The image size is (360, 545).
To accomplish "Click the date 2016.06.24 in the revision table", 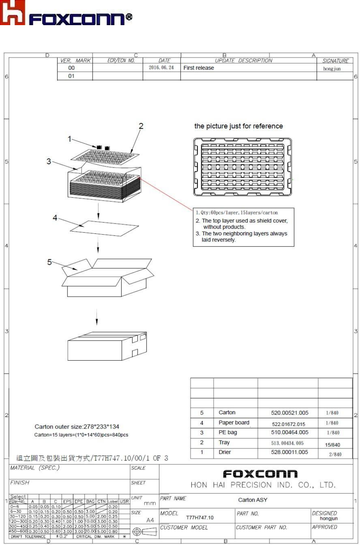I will [x=161, y=68].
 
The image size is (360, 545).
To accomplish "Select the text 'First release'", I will [x=198, y=68].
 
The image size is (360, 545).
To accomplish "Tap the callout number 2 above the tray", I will [x=141, y=126].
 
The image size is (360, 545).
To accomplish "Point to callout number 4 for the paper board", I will [x=55, y=218].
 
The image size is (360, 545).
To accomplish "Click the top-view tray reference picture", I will [x=243, y=167].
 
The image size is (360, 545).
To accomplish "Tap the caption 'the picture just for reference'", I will [x=238, y=126].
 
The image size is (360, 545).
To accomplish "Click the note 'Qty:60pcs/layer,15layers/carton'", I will [x=237, y=213].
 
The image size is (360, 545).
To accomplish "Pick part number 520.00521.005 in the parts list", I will [x=290, y=413].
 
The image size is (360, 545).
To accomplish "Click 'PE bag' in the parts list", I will [x=228, y=432].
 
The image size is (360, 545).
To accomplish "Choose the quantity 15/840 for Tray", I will [x=333, y=444].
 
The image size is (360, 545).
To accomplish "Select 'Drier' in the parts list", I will [x=225, y=452].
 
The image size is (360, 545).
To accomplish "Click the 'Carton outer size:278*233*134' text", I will [x=77, y=427].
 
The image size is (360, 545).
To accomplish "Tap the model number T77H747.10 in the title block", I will [x=200, y=518].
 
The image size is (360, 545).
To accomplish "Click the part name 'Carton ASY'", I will [x=253, y=500].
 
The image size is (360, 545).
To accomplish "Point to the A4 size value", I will [x=150, y=520].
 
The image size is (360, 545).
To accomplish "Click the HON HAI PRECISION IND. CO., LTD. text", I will [x=263, y=485].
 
